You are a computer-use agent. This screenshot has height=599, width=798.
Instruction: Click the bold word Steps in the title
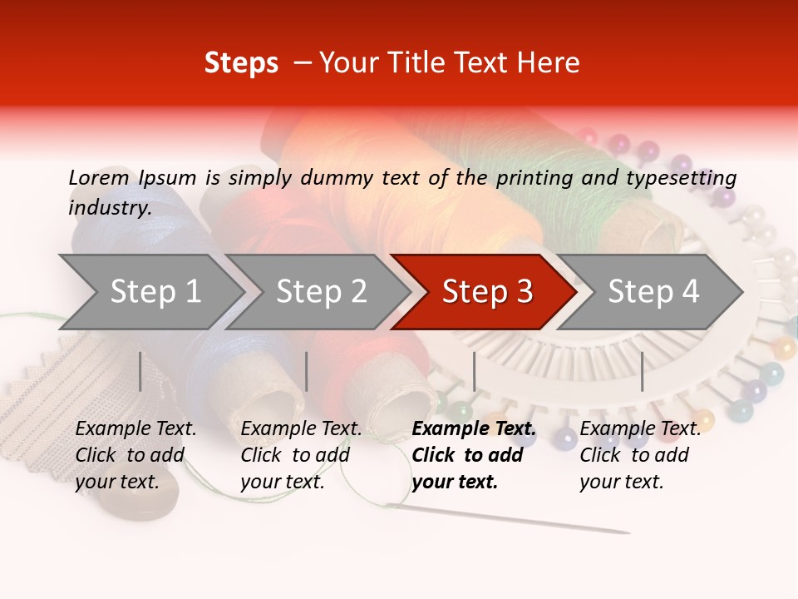pyautogui.click(x=241, y=63)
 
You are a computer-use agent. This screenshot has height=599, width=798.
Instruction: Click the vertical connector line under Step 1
pyautogui.click(x=140, y=371)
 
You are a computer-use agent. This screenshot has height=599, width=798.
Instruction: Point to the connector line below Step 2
pyautogui.click(x=307, y=371)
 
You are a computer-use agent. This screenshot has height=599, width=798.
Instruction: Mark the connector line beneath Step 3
pyautogui.click(x=474, y=371)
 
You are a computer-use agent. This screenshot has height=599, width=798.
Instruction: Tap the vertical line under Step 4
pyautogui.click(x=642, y=371)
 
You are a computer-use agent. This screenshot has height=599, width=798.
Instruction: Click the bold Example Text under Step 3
pyautogui.click(x=474, y=429)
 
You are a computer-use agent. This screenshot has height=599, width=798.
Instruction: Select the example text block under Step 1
pyautogui.click(x=135, y=455)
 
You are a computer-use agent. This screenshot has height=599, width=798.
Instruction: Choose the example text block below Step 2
pyautogui.click(x=301, y=455)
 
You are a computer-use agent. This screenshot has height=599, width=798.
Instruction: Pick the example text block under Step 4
pyautogui.click(x=640, y=455)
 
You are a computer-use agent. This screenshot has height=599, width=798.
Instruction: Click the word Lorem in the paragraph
pyautogui.click(x=98, y=178)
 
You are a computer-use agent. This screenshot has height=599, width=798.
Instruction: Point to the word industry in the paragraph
pyautogui.click(x=109, y=208)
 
